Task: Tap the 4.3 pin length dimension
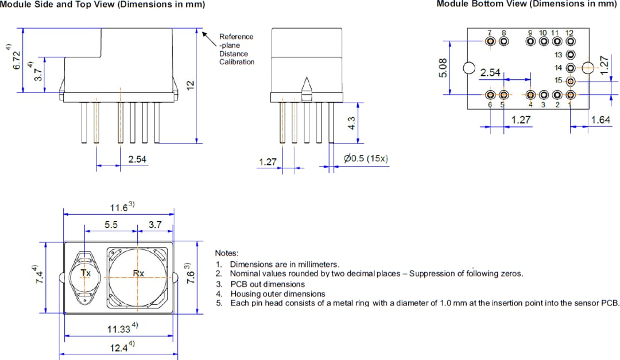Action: (352, 123)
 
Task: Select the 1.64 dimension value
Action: (600, 120)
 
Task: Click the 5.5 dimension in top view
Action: (111, 225)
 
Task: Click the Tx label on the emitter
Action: (86, 273)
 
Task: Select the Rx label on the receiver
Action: (138, 273)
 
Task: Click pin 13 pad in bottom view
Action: (570, 55)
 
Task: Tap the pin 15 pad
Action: (570, 81)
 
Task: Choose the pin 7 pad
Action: (490, 41)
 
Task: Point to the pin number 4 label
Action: (530, 105)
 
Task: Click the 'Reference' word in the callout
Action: (236, 36)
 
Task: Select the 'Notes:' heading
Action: (227, 253)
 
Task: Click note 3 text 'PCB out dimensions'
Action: (268, 284)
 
